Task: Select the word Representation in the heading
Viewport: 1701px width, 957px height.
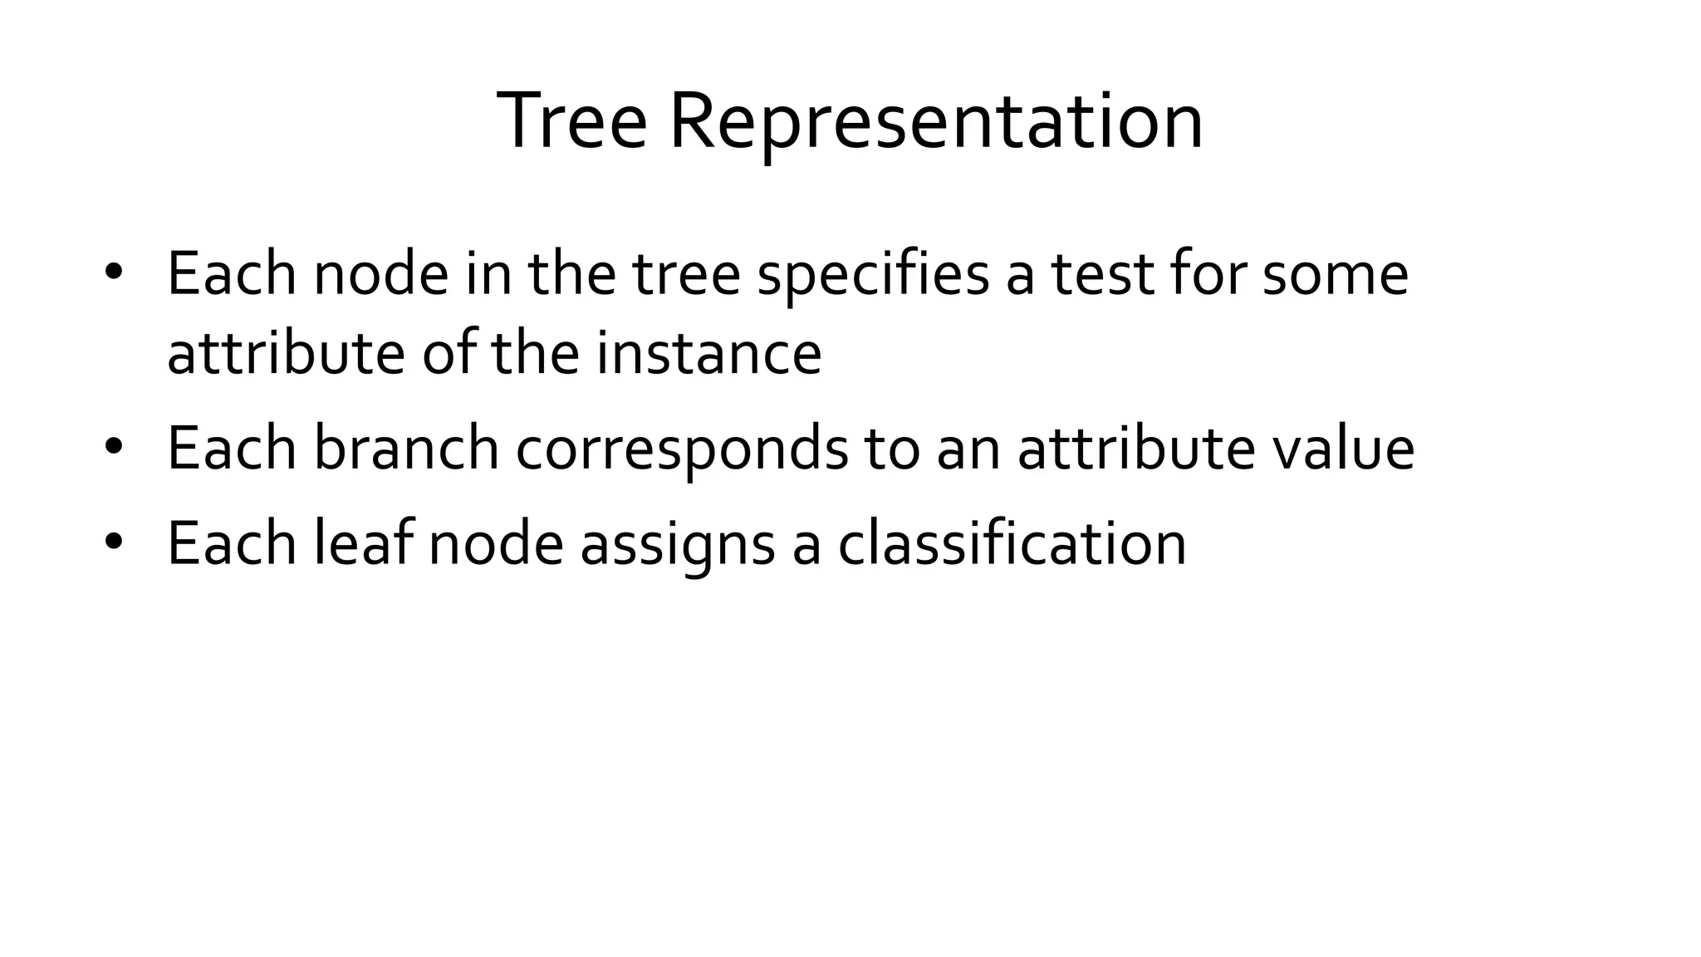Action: tap(936, 121)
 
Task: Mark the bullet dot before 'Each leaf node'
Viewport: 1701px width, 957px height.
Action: tap(114, 542)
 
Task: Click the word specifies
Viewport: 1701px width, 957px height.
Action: tap(873, 275)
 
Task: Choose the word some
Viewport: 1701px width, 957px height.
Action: tap(1335, 275)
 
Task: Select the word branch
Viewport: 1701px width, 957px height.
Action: tap(406, 449)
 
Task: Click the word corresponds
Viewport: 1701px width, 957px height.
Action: tap(682, 449)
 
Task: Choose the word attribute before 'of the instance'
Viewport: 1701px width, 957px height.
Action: tap(286, 353)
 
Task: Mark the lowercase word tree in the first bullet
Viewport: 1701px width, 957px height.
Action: tap(687, 275)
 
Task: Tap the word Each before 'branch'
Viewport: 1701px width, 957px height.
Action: tap(232, 449)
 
